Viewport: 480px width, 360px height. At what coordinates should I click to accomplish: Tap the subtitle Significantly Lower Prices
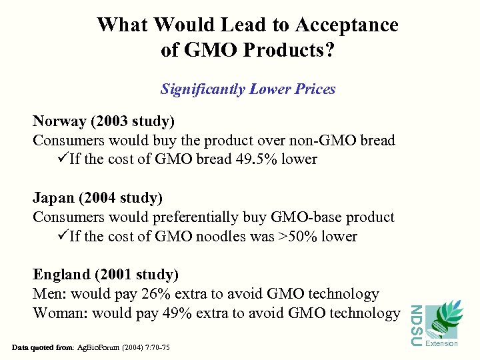tap(248, 89)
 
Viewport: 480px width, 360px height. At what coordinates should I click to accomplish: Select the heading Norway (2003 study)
tap(104, 121)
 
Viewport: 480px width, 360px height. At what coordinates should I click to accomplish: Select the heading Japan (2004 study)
tap(98, 198)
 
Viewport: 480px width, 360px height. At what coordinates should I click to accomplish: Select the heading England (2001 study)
tap(106, 275)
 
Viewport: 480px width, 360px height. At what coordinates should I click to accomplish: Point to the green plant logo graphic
tap(441, 320)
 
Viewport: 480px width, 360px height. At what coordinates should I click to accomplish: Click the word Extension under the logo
tap(441, 343)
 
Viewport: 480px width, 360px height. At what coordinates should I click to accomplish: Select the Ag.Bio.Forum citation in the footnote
tap(114, 347)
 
